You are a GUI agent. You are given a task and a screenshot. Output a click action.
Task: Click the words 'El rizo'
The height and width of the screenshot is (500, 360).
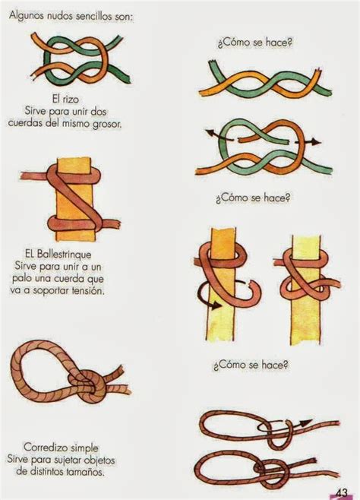click(65, 100)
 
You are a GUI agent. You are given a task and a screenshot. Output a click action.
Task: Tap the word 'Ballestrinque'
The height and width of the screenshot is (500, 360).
click(64, 254)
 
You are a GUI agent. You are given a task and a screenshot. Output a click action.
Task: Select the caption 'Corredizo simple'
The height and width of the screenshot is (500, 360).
click(62, 448)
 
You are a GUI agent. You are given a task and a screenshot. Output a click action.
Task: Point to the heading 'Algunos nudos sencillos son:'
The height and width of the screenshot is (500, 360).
click(71, 16)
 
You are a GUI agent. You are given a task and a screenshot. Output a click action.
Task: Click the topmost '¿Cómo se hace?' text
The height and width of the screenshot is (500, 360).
click(255, 43)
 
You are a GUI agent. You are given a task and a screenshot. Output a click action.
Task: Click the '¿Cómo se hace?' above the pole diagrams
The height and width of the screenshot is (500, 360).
click(253, 198)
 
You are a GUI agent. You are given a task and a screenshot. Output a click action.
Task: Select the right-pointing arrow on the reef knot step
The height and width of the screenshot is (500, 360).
click(308, 142)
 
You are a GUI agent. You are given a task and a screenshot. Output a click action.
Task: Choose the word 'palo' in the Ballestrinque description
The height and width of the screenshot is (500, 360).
click(21, 279)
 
